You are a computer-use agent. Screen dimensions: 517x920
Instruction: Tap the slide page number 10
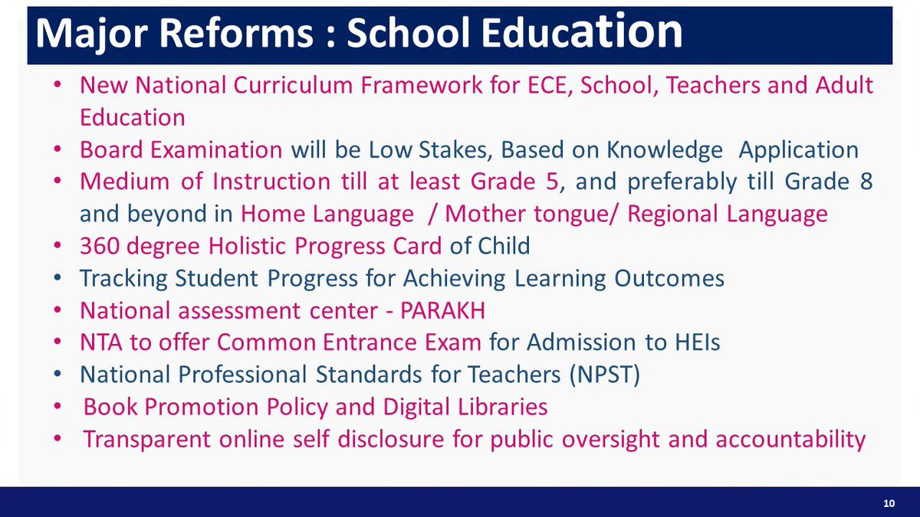(x=889, y=503)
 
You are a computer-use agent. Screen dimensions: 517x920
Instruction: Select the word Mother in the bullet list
(x=481, y=214)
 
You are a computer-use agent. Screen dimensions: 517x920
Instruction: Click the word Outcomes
(x=670, y=278)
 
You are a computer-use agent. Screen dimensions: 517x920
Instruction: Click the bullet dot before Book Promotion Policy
(x=61, y=407)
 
